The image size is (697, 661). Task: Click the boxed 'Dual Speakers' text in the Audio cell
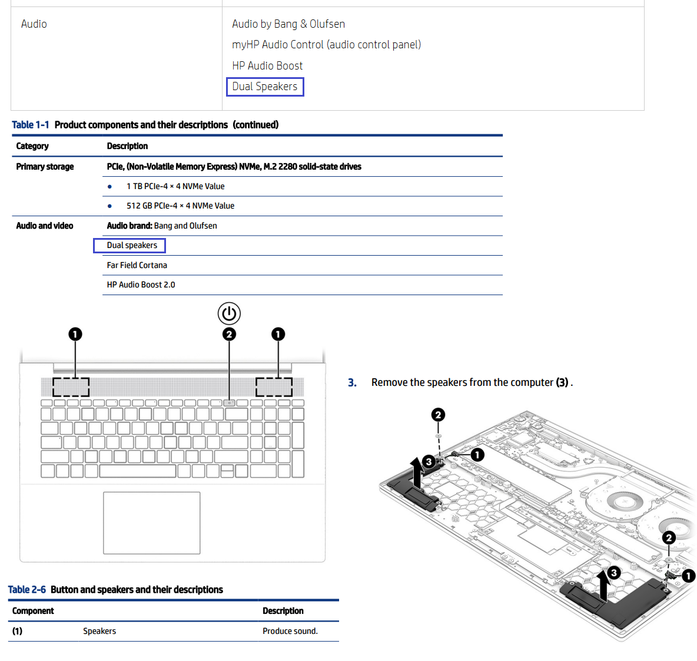(x=265, y=87)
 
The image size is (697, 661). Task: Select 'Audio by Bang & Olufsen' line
(x=288, y=24)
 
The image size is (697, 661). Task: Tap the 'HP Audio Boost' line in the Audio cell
(x=267, y=66)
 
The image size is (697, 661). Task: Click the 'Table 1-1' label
(x=30, y=124)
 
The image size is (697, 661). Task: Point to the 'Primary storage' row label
(x=45, y=166)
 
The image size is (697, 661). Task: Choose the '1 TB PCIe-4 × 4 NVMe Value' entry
(x=175, y=186)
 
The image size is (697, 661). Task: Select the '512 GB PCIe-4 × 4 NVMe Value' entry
(x=181, y=206)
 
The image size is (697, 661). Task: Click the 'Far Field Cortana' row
(x=137, y=265)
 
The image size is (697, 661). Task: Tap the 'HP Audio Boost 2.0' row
(x=141, y=285)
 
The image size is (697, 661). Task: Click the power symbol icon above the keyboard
(x=230, y=313)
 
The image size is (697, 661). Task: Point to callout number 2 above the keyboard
(x=230, y=334)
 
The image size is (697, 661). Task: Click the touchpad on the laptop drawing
(x=151, y=523)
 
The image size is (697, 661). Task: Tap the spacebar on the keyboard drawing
(x=138, y=471)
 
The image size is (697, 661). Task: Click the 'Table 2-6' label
(x=26, y=589)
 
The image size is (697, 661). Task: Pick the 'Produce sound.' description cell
(x=290, y=631)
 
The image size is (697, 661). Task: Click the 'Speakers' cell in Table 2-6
(x=99, y=631)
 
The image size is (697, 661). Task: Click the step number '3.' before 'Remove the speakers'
(x=352, y=382)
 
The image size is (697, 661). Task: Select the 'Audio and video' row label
(x=45, y=226)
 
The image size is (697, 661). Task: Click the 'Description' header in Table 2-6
(x=283, y=611)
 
